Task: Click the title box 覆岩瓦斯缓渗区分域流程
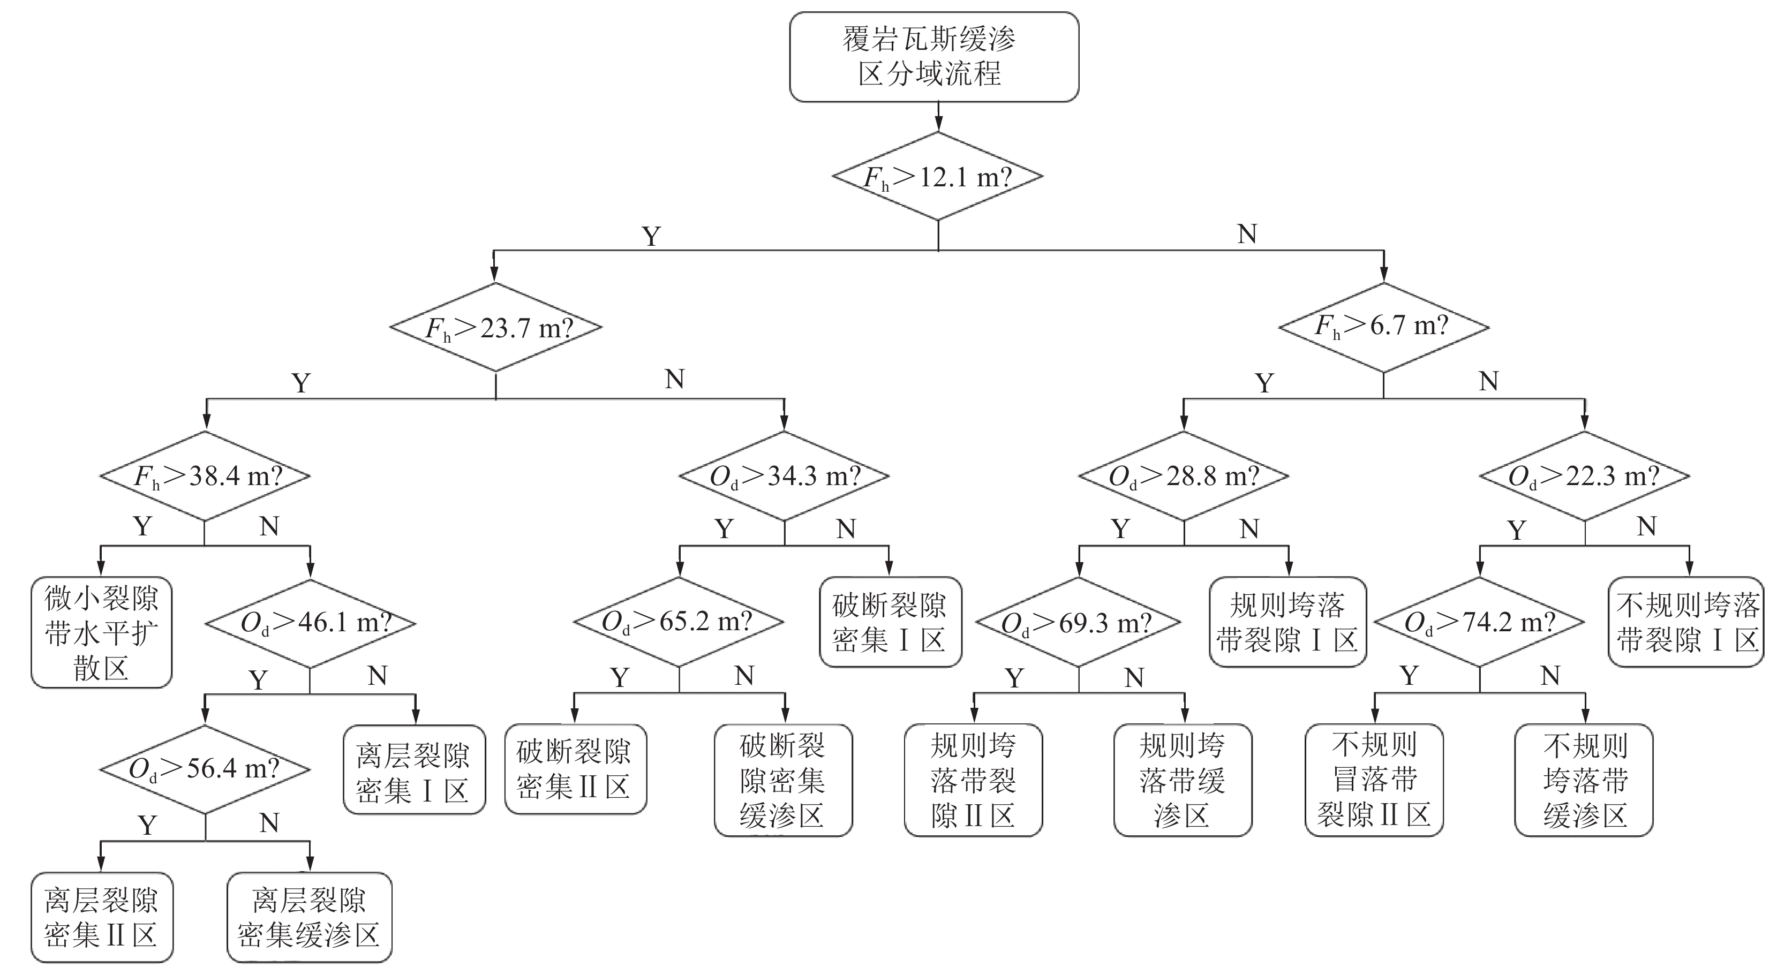pos(933,57)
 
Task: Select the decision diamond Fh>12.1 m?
pos(938,177)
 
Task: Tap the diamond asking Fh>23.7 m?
pos(495,327)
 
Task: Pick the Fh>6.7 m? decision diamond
pos(1384,327)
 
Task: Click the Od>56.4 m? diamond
pos(205,769)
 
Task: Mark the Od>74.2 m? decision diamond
pos(1480,622)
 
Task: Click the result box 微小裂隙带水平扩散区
pos(102,633)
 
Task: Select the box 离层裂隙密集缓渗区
pos(310,918)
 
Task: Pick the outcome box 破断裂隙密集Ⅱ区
pos(575,769)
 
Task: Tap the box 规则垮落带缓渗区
pos(1183,780)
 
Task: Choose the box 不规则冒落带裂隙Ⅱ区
pos(1374,780)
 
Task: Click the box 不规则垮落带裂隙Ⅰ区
pos(1686,622)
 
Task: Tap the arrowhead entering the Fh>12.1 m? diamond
pos(938,126)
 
